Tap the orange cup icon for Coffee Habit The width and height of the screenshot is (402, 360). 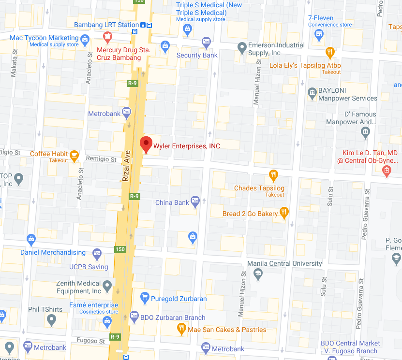(x=74, y=155)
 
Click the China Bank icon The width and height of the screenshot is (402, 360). (x=195, y=200)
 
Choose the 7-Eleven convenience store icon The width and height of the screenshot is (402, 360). (x=318, y=33)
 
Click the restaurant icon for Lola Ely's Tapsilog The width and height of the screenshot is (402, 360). (x=330, y=52)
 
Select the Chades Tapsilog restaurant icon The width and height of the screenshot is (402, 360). (x=273, y=175)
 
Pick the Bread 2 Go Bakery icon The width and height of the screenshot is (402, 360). (x=284, y=213)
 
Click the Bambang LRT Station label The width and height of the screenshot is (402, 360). (x=106, y=25)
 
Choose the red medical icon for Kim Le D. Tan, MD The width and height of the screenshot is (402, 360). (x=386, y=170)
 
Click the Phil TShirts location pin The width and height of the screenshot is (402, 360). (x=51, y=319)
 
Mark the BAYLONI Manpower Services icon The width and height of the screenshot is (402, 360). (x=312, y=92)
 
